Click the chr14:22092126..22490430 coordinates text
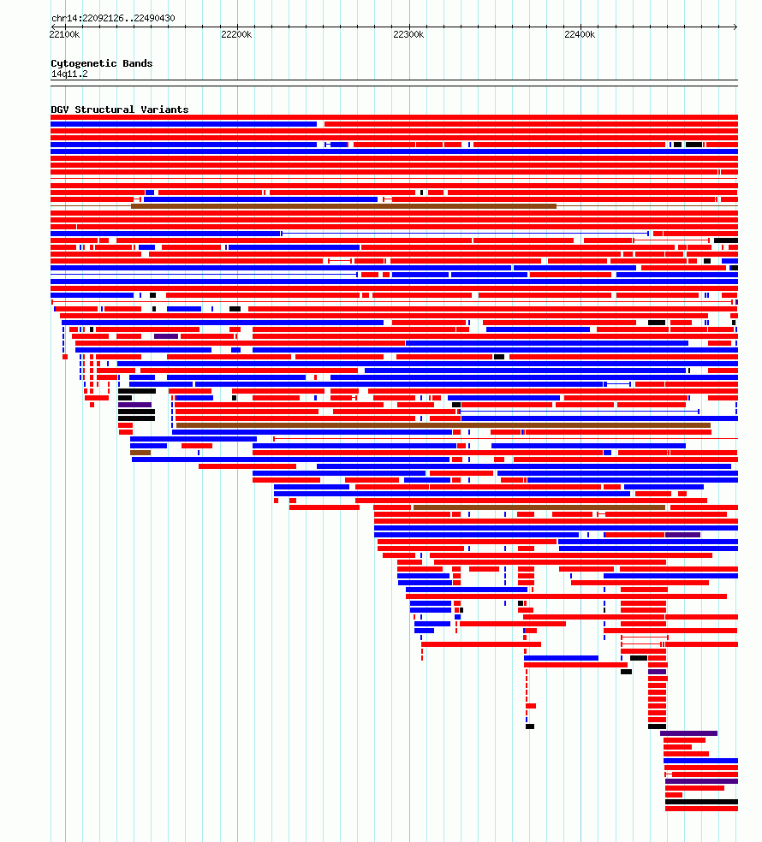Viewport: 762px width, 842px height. [113, 18]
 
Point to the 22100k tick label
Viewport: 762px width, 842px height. [64, 34]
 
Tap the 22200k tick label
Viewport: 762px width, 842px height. [236, 34]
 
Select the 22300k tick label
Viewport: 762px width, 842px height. [408, 34]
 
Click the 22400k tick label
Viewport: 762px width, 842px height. [580, 34]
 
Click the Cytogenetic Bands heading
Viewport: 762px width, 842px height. [102, 63]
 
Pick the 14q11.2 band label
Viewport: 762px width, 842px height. [69, 74]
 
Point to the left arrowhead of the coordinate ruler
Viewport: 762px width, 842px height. [53, 27]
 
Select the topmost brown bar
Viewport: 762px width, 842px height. [344, 206]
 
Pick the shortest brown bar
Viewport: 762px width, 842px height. [140, 453]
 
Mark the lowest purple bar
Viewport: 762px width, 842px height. [701, 781]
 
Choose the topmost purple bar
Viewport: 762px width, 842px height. [166, 336]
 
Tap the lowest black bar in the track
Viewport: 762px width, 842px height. [701, 802]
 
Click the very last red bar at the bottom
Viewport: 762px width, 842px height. [701, 809]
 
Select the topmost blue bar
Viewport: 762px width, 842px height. [184, 124]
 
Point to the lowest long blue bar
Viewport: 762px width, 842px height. [700, 761]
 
